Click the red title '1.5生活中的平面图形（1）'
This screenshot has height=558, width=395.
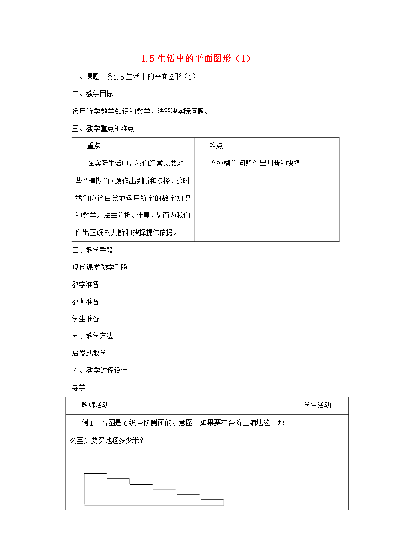[196, 59]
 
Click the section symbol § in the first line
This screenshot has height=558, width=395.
[110, 77]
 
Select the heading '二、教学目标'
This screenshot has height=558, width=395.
[92, 94]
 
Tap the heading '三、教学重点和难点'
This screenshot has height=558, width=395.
[103, 128]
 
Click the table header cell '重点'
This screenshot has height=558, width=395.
[94, 146]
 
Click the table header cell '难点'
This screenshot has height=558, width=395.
[216, 146]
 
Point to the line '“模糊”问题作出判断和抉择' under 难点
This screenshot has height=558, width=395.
[255, 163]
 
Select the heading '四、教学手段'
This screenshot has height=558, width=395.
[92, 250]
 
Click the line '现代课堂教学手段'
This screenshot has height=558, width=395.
[99, 267]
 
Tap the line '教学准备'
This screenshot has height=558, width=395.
[85, 284]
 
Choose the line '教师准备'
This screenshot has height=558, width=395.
[85, 301]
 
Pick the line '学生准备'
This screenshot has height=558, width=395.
[85, 319]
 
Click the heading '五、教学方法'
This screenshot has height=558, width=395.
[92, 336]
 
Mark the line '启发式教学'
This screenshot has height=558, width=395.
[89, 353]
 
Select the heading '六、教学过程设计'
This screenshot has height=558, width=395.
[99, 370]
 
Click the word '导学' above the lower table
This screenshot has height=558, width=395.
[78, 387]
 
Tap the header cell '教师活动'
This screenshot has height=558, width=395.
[95, 405]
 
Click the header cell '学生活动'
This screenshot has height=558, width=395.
[317, 405]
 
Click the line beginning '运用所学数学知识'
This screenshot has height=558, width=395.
[140, 111]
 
